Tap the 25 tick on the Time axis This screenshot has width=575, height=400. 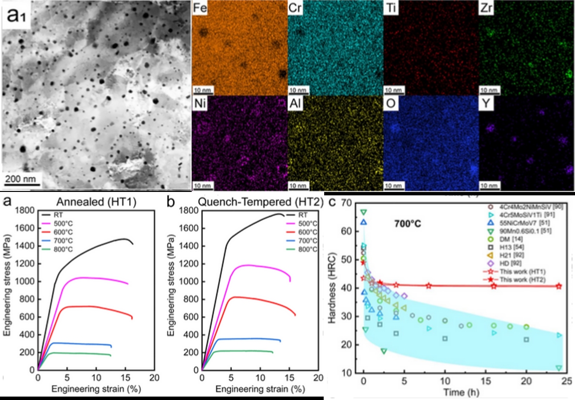click(x=567, y=380)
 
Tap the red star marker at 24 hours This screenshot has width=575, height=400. click(x=558, y=286)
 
